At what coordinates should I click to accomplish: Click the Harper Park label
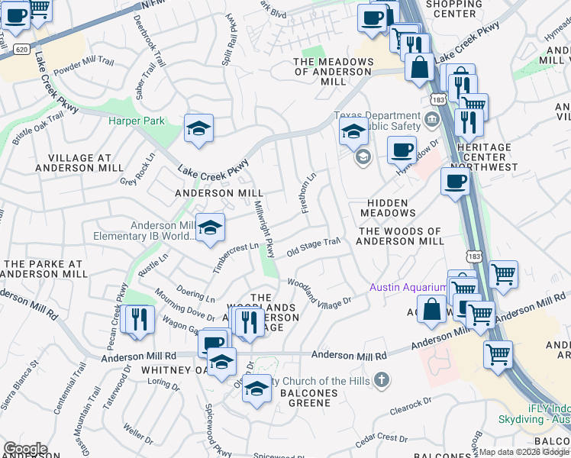(x=137, y=121)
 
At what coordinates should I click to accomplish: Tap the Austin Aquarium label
(x=408, y=287)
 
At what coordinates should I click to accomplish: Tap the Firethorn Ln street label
(x=309, y=193)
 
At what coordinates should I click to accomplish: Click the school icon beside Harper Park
(x=198, y=129)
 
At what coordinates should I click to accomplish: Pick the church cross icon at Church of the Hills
(x=382, y=380)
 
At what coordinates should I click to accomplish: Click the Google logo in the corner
(x=24, y=449)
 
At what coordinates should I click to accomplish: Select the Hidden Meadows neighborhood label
(x=388, y=206)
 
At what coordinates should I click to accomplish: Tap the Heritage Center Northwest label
(x=490, y=156)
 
